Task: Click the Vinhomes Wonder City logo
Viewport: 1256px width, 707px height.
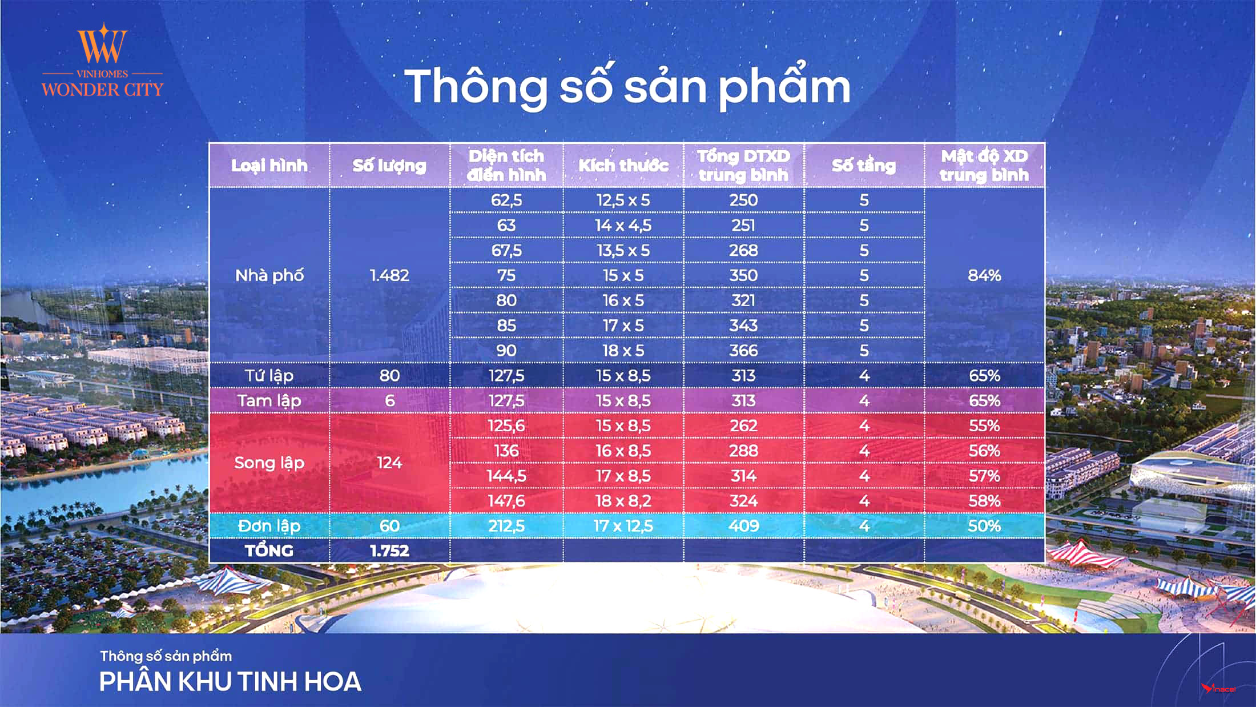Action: [x=103, y=61]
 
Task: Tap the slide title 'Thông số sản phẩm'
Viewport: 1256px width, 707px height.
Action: [x=627, y=87]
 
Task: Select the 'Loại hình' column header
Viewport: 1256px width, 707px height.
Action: [x=269, y=166]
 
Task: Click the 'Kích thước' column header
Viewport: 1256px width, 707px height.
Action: [x=623, y=166]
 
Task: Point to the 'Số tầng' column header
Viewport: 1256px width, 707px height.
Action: [x=864, y=166]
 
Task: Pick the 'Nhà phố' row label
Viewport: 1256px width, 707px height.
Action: [x=269, y=275]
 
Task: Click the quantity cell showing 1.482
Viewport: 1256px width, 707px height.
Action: [x=389, y=275]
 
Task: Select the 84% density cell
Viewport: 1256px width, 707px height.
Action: [x=984, y=275]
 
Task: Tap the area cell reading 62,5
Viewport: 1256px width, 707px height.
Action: [x=506, y=200]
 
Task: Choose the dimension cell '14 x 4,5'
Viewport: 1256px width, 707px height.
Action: [x=623, y=225]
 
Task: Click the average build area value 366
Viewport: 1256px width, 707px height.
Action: [x=743, y=350]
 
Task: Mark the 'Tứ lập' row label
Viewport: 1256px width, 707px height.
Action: [x=269, y=376]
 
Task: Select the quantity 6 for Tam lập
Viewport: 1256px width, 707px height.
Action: [x=389, y=400]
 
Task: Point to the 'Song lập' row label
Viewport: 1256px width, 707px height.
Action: [x=269, y=463]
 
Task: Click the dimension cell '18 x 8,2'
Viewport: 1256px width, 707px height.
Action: [x=623, y=501]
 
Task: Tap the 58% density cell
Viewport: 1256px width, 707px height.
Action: [x=984, y=501]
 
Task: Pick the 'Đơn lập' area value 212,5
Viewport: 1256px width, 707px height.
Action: [x=506, y=526]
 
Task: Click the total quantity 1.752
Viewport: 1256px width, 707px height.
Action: [x=389, y=551]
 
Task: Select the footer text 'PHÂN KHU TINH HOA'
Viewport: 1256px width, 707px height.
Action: [x=230, y=681]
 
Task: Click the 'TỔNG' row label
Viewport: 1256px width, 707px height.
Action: [x=269, y=551]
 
